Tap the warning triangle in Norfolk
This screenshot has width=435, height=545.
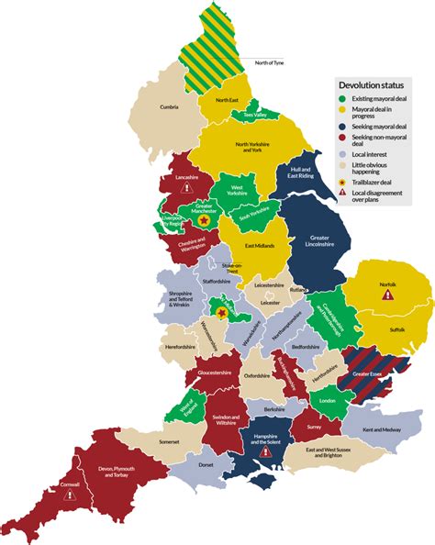coord(387,296)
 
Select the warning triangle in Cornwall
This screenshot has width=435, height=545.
coord(70,493)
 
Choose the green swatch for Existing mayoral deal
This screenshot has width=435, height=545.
coord(343,98)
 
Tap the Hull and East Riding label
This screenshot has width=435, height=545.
coord(302,174)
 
